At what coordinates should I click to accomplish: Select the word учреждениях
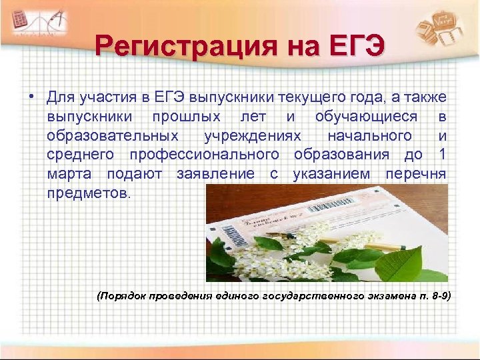point(257,136)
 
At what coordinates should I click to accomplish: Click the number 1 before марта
point(442,155)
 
